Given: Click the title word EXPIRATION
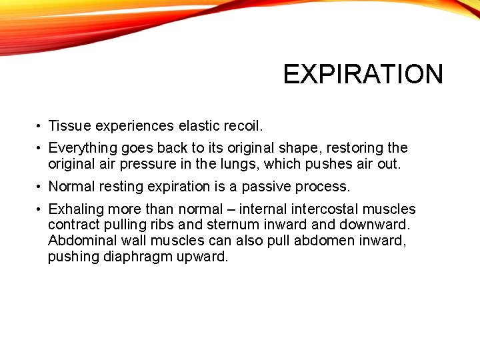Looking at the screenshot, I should [363, 74].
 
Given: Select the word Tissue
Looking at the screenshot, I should [70, 125].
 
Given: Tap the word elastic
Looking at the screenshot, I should [200, 125].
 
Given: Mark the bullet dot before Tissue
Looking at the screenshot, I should [40, 126].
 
